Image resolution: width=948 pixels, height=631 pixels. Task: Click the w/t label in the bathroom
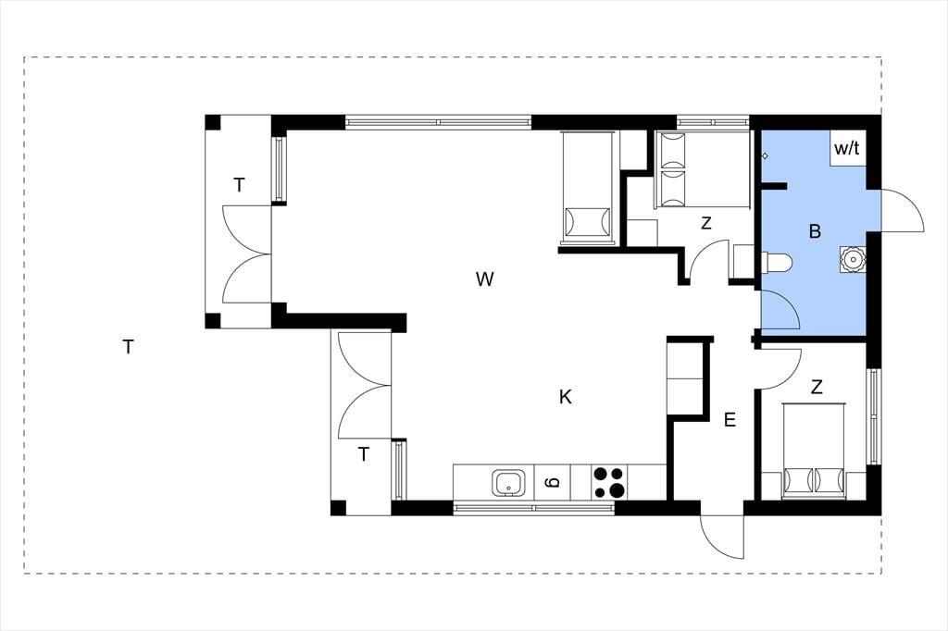[x=846, y=148]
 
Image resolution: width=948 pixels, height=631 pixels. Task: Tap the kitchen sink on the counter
[x=510, y=483]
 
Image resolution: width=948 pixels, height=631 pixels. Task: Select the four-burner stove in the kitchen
[x=608, y=482]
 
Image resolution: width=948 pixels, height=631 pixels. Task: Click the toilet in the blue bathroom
[x=777, y=262]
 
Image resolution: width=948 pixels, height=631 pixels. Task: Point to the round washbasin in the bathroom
[x=853, y=259]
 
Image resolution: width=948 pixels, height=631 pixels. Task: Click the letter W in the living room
[x=484, y=279]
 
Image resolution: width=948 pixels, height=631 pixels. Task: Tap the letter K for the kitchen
[x=566, y=397]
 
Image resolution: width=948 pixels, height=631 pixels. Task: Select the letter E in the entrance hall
[x=730, y=419]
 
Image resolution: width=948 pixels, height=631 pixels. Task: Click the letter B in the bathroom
[x=815, y=231]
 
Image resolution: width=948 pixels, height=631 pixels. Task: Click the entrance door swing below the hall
[x=722, y=537]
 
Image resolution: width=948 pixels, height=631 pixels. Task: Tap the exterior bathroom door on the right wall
[x=902, y=210]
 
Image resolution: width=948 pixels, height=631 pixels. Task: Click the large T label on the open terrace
[x=128, y=347]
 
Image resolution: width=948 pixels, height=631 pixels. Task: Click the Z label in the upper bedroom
[x=705, y=223]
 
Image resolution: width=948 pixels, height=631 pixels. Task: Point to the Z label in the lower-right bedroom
[x=817, y=387]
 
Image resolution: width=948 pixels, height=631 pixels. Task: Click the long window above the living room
[x=438, y=122]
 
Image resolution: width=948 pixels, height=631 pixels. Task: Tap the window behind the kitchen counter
[x=534, y=508]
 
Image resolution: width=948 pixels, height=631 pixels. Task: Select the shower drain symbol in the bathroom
[x=765, y=156]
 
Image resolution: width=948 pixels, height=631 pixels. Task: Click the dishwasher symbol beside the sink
[x=553, y=482]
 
